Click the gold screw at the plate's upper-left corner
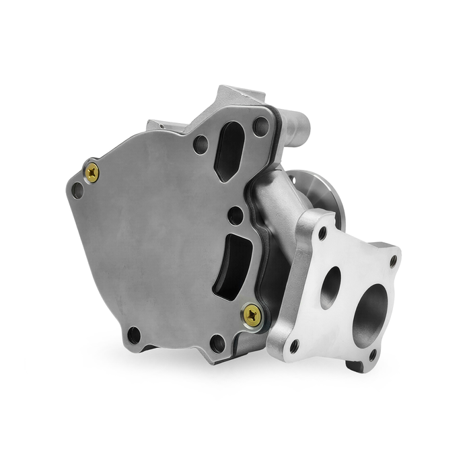click(92, 173)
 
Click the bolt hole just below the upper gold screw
click(77, 190)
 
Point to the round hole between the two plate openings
click(235, 215)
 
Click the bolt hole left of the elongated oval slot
click(200, 144)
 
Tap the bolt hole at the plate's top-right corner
click(260, 124)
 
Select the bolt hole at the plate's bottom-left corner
click(134, 334)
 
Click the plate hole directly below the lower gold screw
click(217, 343)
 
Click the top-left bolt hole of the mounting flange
click(322, 233)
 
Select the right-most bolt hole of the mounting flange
click(393, 260)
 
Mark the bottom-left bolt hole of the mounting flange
click(293, 346)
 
